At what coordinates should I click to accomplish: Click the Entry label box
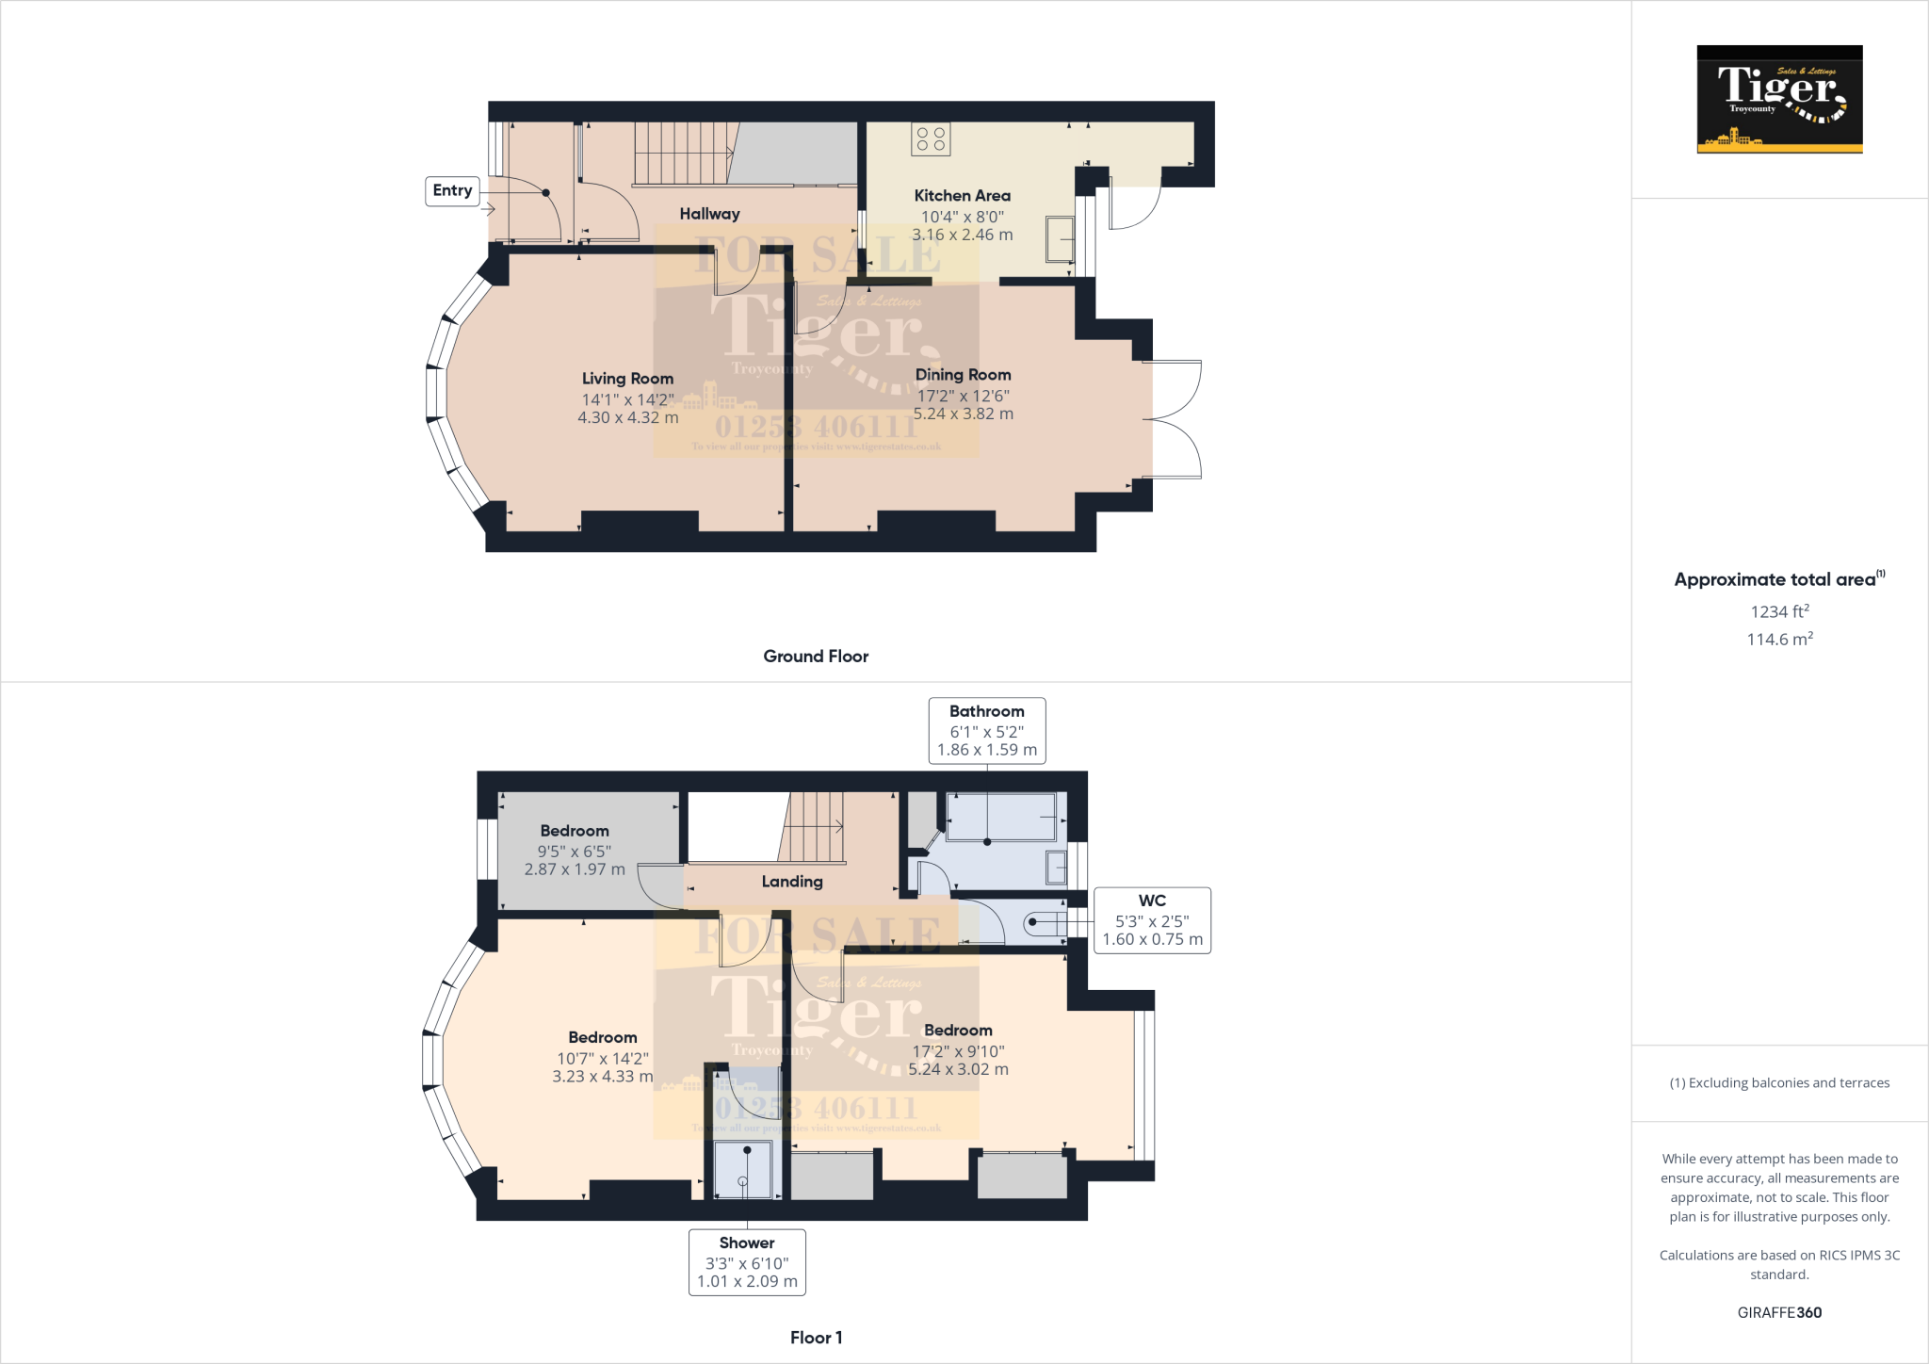coord(452,191)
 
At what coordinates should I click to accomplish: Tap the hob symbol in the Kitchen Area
coord(931,139)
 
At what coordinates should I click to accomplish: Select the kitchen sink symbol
coord(1060,239)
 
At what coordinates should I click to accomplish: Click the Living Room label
coord(627,379)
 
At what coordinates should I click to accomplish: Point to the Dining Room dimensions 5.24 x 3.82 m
coord(963,414)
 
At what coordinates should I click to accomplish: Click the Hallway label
coord(709,215)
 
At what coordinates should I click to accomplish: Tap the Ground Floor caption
coord(816,657)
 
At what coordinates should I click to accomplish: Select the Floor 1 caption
coord(816,1338)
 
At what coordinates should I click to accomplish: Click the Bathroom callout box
coord(986,731)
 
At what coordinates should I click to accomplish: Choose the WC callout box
coord(1152,920)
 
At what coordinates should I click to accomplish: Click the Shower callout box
coord(747,1262)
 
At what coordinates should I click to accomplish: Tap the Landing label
coord(791,882)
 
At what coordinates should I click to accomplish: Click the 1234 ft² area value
coord(1779,611)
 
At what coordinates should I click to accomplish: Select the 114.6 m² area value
coord(1779,640)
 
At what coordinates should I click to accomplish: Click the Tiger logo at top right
coord(1779,99)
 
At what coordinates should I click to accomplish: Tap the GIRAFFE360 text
coord(1779,1312)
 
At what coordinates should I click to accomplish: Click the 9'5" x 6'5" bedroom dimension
coord(574,851)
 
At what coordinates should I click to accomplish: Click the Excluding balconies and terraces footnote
coord(1779,1083)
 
